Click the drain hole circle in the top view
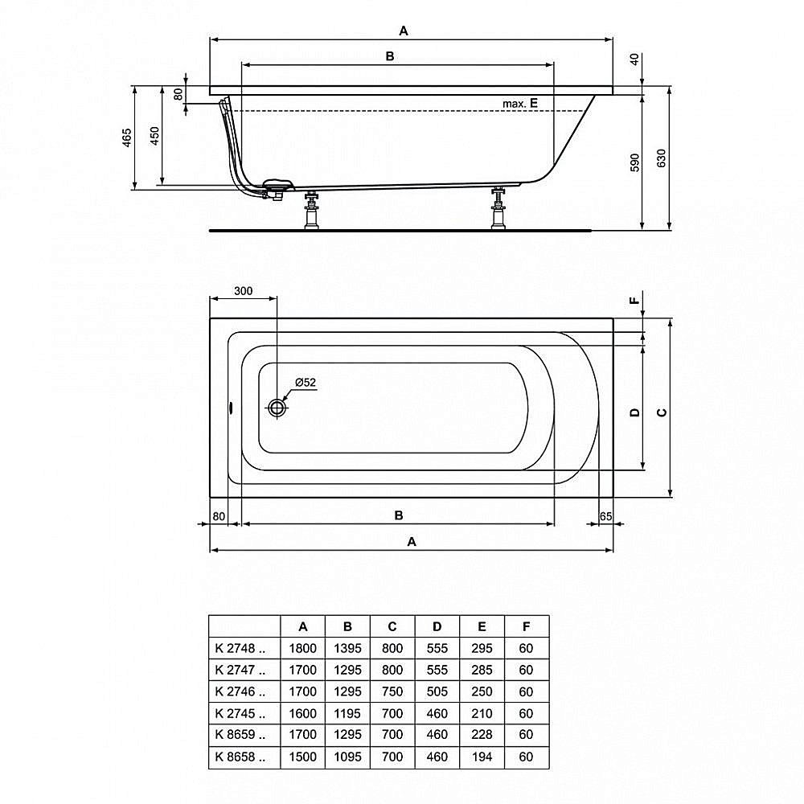click(277, 408)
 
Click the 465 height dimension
click(127, 138)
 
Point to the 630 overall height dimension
click(662, 158)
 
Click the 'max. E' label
click(519, 104)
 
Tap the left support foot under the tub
click(311, 212)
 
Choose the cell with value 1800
click(303, 648)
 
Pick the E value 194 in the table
click(482, 757)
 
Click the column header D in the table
click(437, 626)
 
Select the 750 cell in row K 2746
click(392, 691)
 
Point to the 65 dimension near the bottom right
click(606, 515)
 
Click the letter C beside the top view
click(662, 412)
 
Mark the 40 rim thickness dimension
click(634, 59)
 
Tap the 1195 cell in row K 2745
click(347, 713)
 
